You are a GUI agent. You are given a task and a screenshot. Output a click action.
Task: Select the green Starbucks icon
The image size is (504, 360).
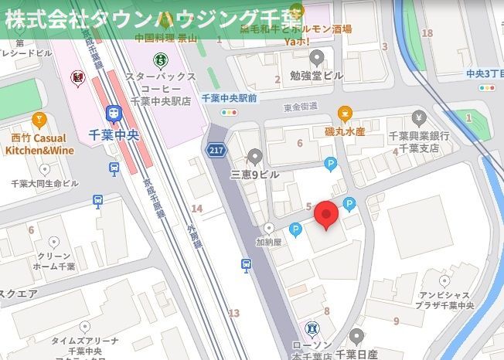click(160, 58)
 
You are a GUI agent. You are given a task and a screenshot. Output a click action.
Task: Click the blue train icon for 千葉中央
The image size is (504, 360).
click(114, 114)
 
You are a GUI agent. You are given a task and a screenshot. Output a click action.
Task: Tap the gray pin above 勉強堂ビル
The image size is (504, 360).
click(316, 57)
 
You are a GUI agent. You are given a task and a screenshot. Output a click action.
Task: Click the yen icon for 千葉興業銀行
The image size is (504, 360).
click(419, 118)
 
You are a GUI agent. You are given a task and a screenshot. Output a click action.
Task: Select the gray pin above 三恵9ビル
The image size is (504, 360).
click(256, 157)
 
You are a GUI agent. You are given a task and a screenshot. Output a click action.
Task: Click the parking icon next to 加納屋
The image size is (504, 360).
click(295, 230)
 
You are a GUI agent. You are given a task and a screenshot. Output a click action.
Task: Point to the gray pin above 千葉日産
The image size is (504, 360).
click(356, 336)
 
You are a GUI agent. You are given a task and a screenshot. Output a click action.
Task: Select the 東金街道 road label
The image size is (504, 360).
click(301, 107)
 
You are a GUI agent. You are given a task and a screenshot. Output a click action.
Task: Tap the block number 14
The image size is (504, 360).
click(197, 209)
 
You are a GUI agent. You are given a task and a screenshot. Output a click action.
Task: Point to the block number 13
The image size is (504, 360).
click(233, 313)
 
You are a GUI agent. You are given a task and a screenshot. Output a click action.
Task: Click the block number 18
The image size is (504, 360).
click(427, 33)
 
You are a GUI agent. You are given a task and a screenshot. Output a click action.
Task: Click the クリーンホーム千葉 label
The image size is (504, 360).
click(54, 261)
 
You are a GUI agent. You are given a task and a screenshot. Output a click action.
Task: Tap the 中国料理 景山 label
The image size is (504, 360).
click(165, 37)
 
